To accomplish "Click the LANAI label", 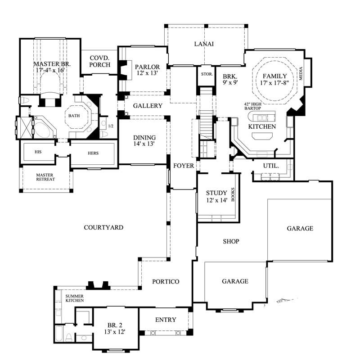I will (203, 44).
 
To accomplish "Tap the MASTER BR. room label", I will (49, 64).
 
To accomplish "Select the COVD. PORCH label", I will (99, 62).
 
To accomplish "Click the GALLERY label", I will (148, 106).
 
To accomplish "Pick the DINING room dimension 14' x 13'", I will (144, 144).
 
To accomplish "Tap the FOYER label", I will (184, 166).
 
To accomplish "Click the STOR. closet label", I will (207, 74).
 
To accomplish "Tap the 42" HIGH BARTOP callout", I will (253, 106).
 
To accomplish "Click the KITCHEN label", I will (262, 127).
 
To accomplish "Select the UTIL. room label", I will (271, 166).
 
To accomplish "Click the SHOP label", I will (231, 242).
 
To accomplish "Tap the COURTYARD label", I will (103, 228).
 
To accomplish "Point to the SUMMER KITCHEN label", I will (74, 298).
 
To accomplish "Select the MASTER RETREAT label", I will (45, 177).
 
